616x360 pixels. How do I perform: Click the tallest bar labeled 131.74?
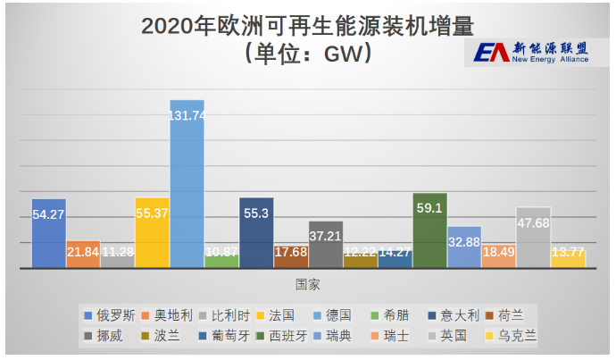[x=187, y=183]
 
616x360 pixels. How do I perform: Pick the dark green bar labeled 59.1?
[x=429, y=230]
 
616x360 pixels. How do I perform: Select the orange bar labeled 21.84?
[x=83, y=254]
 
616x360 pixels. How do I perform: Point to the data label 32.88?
[x=464, y=241]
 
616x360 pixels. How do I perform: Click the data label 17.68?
[x=291, y=252]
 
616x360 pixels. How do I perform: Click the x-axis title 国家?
[x=308, y=285]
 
